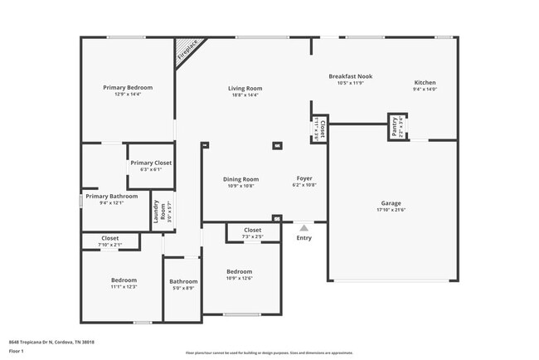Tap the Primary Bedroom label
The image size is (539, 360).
tap(128, 87)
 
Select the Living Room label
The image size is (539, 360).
tap(245, 89)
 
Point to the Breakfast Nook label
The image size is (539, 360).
tap(350, 76)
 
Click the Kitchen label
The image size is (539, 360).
tap(425, 83)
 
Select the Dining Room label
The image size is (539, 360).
tap(240, 179)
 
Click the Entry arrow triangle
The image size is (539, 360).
tap(304, 227)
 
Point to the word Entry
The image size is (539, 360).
tap(304, 239)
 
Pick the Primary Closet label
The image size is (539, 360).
tap(151, 163)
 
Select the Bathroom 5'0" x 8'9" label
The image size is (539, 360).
tap(182, 281)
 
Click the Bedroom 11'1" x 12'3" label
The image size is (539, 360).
tap(123, 280)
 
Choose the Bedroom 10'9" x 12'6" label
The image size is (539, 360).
tap(240, 272)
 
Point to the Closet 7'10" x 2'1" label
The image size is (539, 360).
tap(109, 239)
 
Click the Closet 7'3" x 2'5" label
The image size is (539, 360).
tap(252, 230)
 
